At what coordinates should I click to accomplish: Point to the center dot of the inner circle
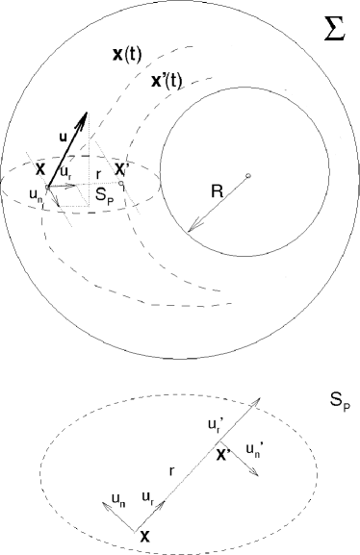(248, 175)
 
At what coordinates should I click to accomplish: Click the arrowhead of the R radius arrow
(192, 229)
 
